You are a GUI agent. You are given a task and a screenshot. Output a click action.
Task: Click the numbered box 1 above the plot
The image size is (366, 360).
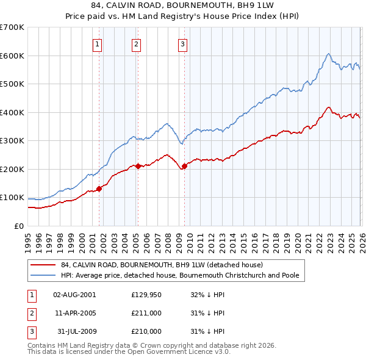pyautogui.click(x=98, y=43)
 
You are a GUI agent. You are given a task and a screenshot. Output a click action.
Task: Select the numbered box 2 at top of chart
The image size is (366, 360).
pyautogui.click(x=136, y=43)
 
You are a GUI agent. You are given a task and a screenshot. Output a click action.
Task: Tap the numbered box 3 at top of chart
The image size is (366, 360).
pyautogui.click(x=182, y=43)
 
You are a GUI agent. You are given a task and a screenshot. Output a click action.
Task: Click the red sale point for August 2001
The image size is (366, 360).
pyautogui.click(x=99, y=189)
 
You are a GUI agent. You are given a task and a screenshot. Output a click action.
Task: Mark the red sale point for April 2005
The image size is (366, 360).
pyautogui.click(x=138, y=165)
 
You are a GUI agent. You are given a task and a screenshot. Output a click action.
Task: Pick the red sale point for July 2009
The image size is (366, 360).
pyautogui.click(x=184, y=166)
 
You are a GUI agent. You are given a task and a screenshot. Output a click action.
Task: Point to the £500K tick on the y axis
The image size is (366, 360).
pyautogui.click(x=12, y=84)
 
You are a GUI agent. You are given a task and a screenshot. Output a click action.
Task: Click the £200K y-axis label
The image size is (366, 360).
pyautogui.click(x=12, y=169)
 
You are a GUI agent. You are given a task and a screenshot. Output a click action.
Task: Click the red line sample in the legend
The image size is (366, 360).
pyautogui.click(x=43, y=265)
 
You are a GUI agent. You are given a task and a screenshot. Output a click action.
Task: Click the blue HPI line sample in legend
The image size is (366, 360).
pyautogui.click(x=43, y=276)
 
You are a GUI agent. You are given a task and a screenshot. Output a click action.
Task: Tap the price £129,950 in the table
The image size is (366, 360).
pyautogui.click(x=146, y=295)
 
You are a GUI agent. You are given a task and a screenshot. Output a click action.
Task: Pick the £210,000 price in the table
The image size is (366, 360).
pyautogui.click(x=146, y=331)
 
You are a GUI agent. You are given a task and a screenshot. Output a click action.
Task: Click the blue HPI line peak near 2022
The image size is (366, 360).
pyautogui.click(x=328, y=54)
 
